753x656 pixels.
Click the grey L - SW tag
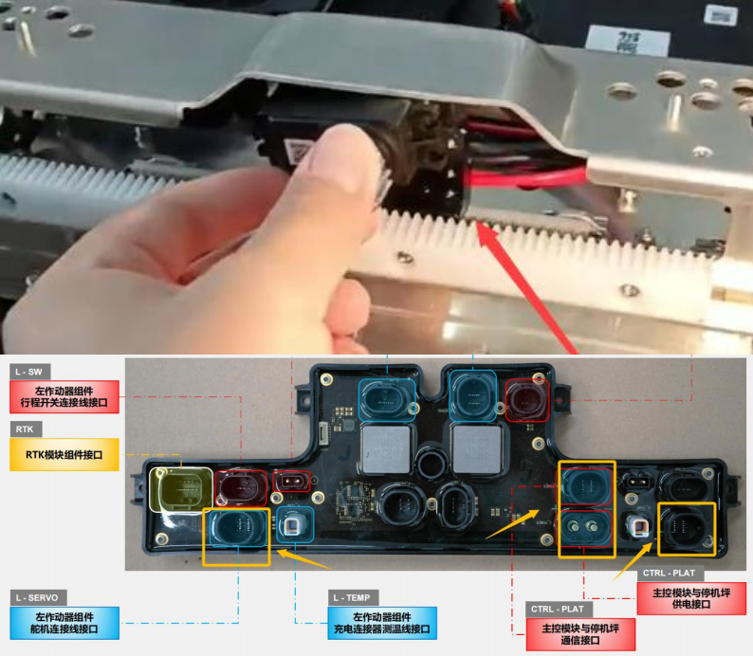tap(29, 372)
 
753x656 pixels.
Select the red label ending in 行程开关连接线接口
tap(64, 397)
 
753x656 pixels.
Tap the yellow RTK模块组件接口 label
tap(64, 454)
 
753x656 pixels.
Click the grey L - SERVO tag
tap(38, 598)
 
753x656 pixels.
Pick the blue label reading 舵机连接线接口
tap(64, 623)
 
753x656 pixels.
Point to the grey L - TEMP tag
tap(353, 598)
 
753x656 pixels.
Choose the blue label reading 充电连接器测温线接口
tap(382, 623)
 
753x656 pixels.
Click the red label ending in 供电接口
tap(691, 598)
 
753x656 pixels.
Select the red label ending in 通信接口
tap(580, 634)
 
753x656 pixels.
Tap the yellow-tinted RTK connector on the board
tap(181, 489)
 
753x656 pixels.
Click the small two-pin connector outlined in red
tap(291, 481)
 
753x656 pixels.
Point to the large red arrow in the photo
tap(525, 287)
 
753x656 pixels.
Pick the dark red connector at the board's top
tap(526, 400)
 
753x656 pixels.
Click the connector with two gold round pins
tap(585, 527)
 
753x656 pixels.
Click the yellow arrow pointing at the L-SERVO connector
tap(304, 560)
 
